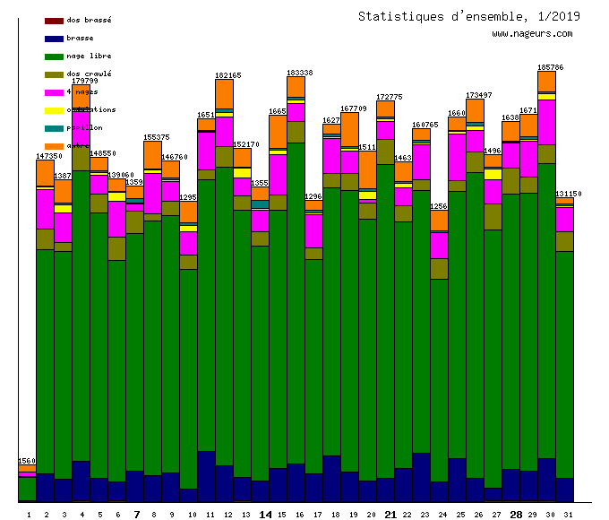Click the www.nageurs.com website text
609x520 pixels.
[x=532, y=34]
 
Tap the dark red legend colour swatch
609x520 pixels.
[x=54, y=20]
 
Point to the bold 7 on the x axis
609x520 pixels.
[x=136, y=515]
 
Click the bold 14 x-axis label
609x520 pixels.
[x=265, y=515]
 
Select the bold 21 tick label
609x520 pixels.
[x=390, y=515]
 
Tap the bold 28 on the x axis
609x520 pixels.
[x=516, y=515]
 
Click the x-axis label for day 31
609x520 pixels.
[x=568, y=515]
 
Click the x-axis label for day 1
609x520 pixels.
[x=29, y=515]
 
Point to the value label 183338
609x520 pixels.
[x=299, y=73]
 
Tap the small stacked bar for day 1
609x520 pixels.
[x=27, y=484]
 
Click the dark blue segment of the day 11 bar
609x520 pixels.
[x=206, y=475]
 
